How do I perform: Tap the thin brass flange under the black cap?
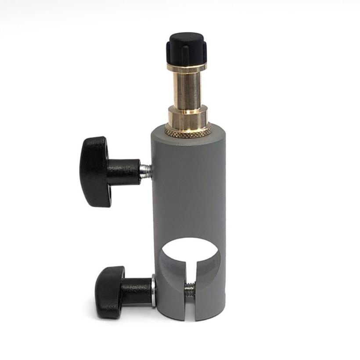tap(187, 68)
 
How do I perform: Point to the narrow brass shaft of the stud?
tap(186, 90)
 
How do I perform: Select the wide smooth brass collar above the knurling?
tap(187, 117)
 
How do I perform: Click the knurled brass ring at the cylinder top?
tap(188, 130)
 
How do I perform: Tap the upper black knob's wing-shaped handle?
tap(94, 171)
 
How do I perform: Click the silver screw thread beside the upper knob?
tap(146, 170)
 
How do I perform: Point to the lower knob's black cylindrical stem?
tap(136, 291)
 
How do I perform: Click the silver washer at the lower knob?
tap(153, 291)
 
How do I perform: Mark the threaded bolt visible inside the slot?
tap(190, 290)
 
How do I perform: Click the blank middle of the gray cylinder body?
tap(189, 189)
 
